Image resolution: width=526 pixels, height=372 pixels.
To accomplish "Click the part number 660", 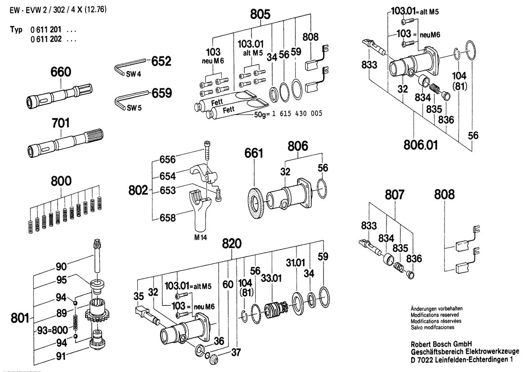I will point(61,72).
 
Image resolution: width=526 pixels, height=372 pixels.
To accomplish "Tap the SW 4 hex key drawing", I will point(128,66).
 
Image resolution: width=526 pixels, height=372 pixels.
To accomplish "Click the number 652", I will point(161,60).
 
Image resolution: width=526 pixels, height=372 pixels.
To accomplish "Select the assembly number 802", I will point(138,191).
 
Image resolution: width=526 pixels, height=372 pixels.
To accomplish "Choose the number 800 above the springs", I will point(61,181).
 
